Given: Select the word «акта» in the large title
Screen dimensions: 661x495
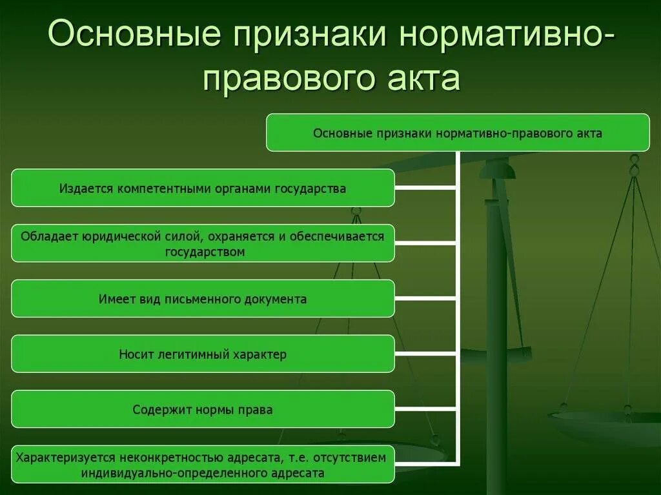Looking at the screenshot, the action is coord(421,79).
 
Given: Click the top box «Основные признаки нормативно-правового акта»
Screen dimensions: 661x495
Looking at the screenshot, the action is coord(458,133).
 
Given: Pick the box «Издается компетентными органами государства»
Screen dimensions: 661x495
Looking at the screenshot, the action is coord(203,188).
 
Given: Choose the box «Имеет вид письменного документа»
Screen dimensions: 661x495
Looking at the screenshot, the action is coord(203,299).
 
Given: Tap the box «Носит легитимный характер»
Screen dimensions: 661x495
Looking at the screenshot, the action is coord(203,354).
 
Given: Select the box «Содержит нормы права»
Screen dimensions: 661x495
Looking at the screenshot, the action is coord(203,409).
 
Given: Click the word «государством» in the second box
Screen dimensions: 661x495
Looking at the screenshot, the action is coord(205,252).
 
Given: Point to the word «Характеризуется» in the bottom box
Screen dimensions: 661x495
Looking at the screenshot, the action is coord(65,458).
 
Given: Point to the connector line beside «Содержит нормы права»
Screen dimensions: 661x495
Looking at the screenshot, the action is coord(426,409).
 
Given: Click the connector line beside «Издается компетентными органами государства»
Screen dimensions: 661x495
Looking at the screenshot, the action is coord(426,188).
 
